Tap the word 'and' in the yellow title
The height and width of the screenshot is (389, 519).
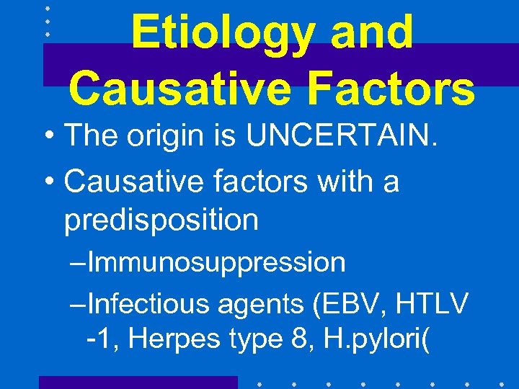coord(375,33)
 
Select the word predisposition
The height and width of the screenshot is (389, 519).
coord(161,220)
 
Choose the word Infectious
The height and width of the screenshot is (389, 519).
coord(148,304)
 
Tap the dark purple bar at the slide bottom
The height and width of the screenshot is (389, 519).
coord(138,382)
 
